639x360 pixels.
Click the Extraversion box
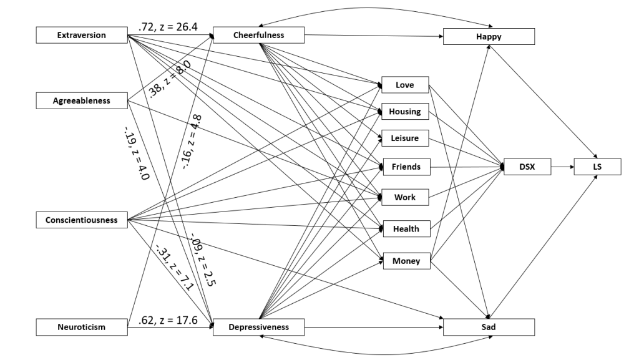point(81,36)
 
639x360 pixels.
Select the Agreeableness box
point(81,100)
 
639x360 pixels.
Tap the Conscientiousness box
point(81,220)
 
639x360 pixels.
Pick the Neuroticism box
point(81,326)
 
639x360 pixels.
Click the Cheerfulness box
point(258,36)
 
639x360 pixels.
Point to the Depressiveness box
point(258,326)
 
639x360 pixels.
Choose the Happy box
point(489,37)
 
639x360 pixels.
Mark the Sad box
point(489,326)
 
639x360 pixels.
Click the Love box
point(405,85)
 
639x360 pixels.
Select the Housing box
point(405,112)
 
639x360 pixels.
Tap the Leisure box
point(405,138)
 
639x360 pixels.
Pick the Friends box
point(405,167)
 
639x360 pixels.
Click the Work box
point(405,198)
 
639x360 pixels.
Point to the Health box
point(405,229)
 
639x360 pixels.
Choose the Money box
point(405,260)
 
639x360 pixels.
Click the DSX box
point(527,167)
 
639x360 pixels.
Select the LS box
point(598,167)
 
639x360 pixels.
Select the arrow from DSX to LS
point(563,167)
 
